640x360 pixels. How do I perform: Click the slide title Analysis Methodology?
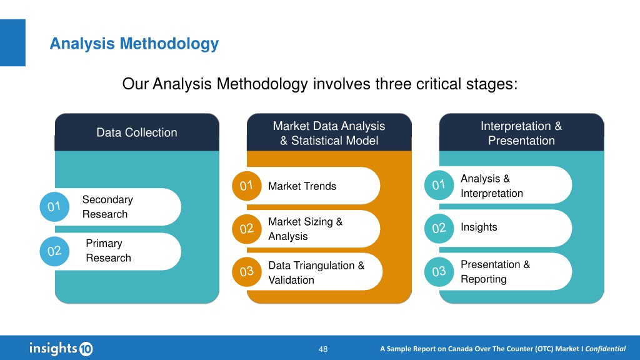(134, 43)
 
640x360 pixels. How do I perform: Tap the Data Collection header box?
(137, 132)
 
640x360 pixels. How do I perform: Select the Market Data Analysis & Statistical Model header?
(329, 132)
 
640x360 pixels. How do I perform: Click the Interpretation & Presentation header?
(521, 132)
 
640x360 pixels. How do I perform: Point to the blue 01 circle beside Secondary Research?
(54, 207)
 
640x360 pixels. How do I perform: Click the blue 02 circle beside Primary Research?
(54, 251)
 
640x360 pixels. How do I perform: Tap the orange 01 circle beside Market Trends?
(246, 186)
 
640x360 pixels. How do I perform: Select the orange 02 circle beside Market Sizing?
(246, 229)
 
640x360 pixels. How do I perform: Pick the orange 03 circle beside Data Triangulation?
(246, 272)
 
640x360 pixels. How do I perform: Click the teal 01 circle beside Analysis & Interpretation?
(439, 185)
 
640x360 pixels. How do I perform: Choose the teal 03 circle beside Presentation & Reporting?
(439, 272)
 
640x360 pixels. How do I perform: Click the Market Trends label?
(302, 186)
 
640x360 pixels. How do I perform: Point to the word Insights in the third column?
(479, 227)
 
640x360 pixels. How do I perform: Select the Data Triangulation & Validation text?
(316, 272)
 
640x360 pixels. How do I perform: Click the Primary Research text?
(108, 251)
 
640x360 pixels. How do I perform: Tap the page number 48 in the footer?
(323, 349)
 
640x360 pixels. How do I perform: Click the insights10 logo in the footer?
(61, 349)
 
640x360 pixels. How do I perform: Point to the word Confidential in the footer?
(605, 349)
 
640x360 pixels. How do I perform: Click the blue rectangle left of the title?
(12, 42)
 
